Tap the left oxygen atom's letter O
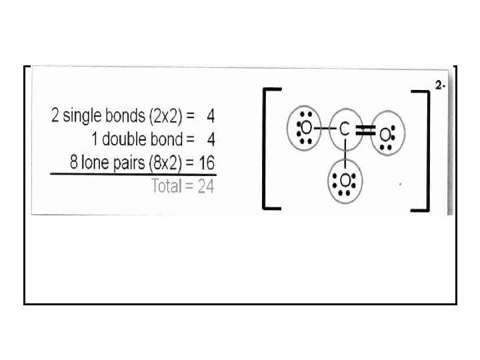[306, 127]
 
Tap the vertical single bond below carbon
[344, 153]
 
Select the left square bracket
[270, 148]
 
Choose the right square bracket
[421, 148]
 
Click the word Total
[167, 187]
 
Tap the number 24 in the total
[205, 187]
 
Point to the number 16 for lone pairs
[205, 162]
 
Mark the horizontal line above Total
[133, 175]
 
